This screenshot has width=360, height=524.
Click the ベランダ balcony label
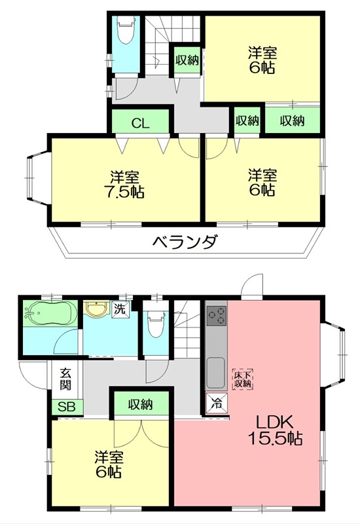pos(185,243)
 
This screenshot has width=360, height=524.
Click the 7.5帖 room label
pos(124,184)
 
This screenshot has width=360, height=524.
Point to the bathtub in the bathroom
pos(50,316)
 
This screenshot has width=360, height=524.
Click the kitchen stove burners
pos(216,316)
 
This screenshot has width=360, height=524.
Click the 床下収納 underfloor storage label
pos(243,379)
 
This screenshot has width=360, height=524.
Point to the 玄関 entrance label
pos(66,379)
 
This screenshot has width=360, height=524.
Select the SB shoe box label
pos(66,407)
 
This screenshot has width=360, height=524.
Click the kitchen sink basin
pos(216,373)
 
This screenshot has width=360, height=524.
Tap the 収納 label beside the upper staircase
pos(187,60)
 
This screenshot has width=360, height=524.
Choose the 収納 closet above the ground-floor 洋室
pos(141,404)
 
